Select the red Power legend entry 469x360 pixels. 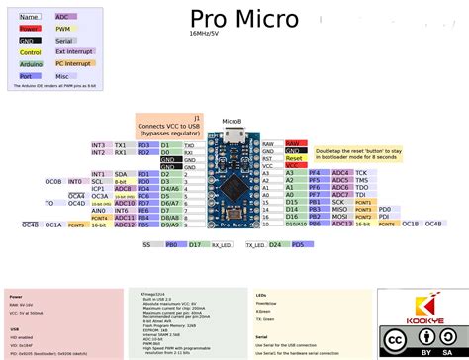click(x=30, y=29)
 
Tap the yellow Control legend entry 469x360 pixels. click(x=30, y=50)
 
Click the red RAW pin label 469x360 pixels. click(x=292, y=143)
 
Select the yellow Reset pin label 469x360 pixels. click(x=294, y=158)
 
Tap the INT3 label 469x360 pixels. click(x=98, y=145)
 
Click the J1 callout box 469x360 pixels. click(x=169, y=125)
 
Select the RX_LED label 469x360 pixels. click(x=205, y=244)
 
